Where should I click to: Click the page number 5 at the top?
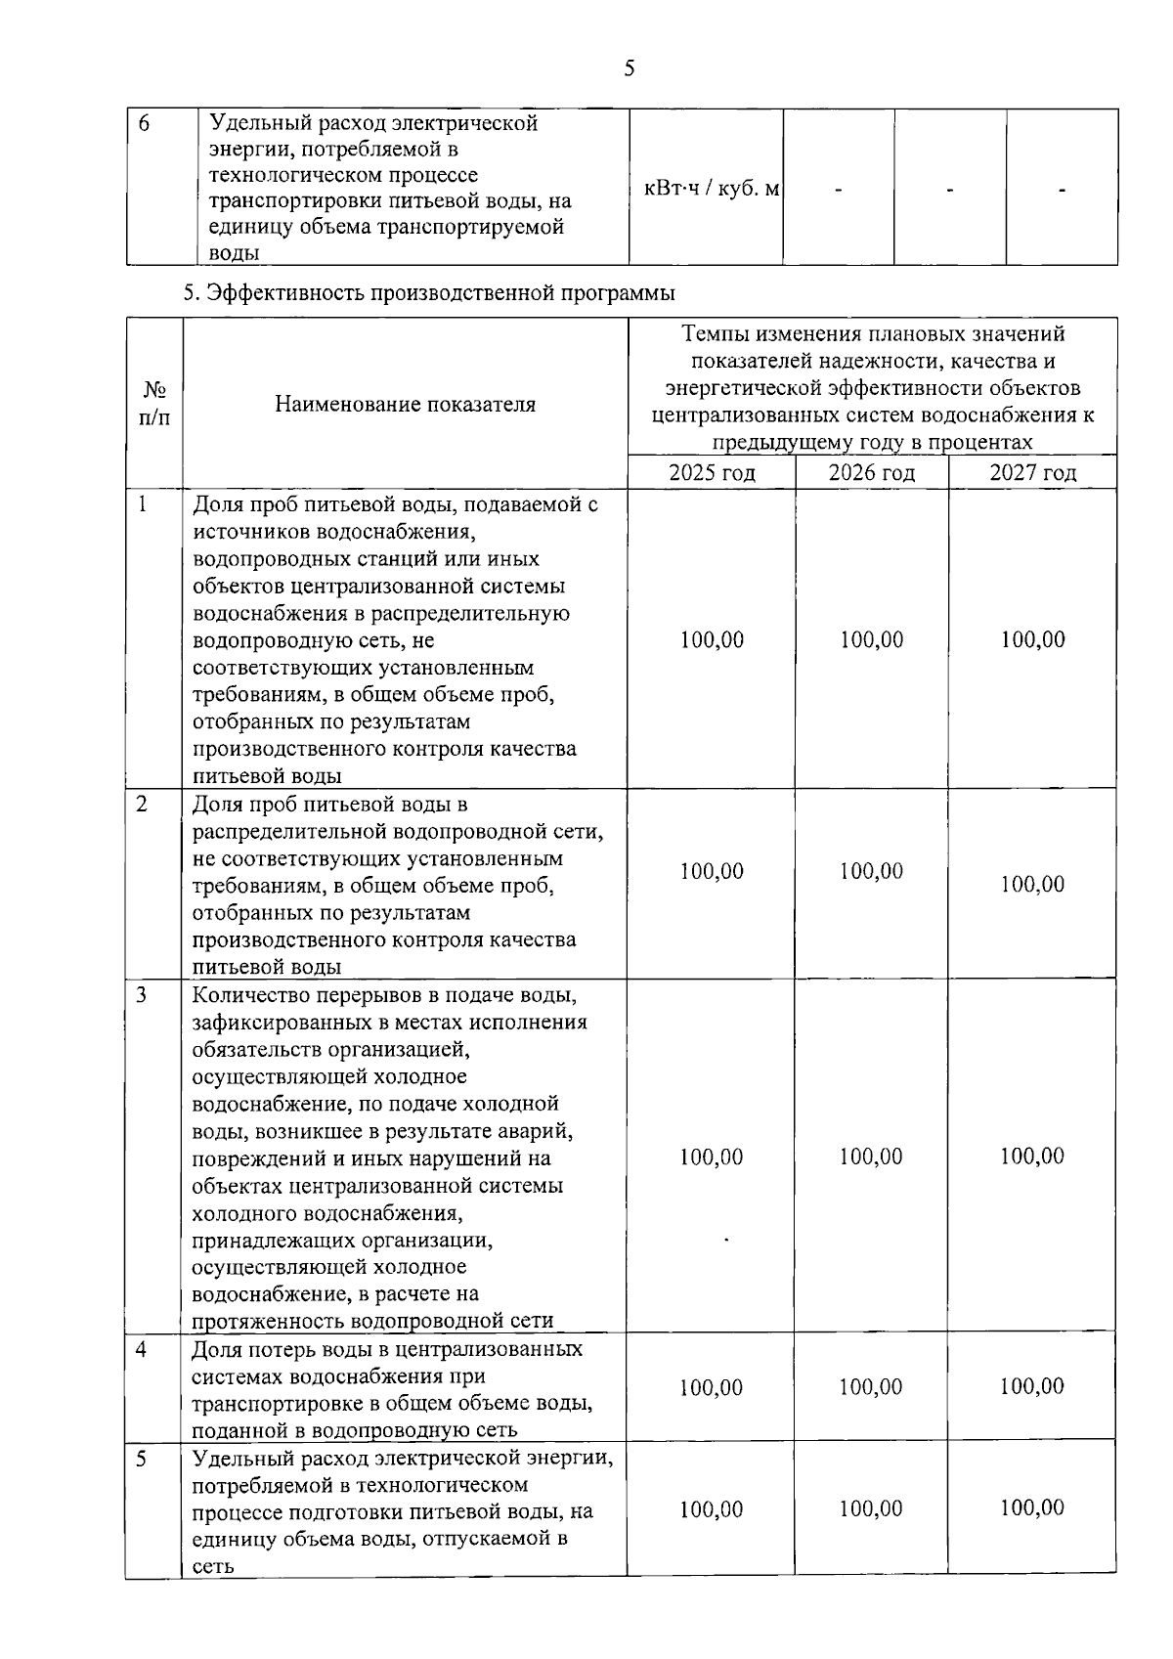(629, 67)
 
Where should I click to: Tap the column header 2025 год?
(712, 473)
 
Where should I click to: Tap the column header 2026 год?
(871, 473)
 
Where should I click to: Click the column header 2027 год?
(1032, 473)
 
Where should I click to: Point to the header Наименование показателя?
(405, 404)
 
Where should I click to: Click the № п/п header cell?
(153, 404)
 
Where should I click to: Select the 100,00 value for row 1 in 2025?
(712, 640)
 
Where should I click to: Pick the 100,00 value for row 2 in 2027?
(1032, 885)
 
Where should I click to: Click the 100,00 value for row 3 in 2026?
(871, 1157)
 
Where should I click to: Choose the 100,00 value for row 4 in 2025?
(712, 1388)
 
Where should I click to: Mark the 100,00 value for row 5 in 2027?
(1032, 1508)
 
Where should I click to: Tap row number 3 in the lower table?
(142, 995)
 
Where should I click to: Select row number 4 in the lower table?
(142, 1350)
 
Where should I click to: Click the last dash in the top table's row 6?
(1062, 190)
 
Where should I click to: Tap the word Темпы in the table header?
(712, 334)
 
